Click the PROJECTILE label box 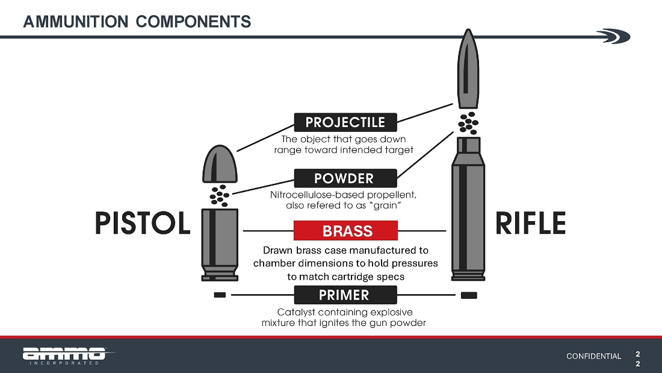345,122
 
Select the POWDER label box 345,178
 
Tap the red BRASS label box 345,230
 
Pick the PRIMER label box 345,295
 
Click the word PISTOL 143,224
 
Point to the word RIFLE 530,224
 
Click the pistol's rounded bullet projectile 220,164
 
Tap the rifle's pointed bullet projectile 468,69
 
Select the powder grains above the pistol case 220,196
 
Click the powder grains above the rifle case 468,123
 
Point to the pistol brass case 220,245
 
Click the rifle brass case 468,209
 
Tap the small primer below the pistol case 220,295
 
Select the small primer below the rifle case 469,295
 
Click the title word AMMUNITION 76,22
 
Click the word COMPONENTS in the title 193,22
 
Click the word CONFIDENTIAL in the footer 593,356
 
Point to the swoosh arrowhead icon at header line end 614,36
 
